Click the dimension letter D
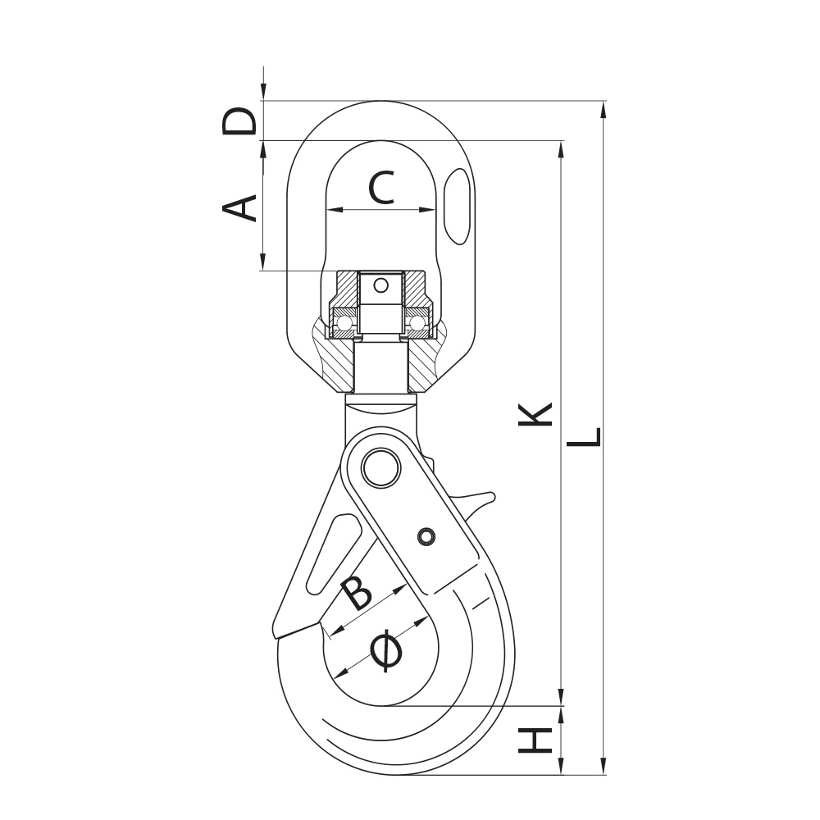tap(239, 121)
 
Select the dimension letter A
tap(239, 207)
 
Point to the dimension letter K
tap(535, 414)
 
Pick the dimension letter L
tap(584, 437)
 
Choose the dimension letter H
tap(535, 741)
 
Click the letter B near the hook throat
tap(356, 594)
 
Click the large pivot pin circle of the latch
tap(380, 467)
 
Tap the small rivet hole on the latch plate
tap(426, 536)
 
